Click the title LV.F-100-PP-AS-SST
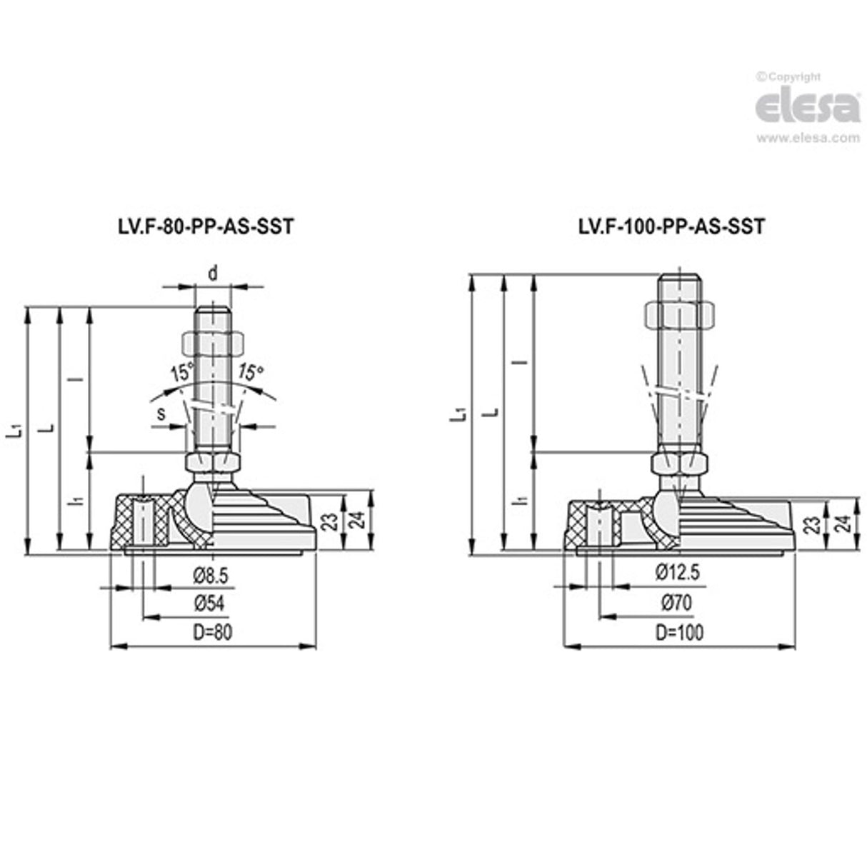[671, 226]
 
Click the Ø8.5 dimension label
[211, 576]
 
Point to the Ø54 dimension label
[209, 603]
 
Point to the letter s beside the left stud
[161, 413]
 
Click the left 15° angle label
[182, 372]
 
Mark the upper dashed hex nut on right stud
[680, 316]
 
